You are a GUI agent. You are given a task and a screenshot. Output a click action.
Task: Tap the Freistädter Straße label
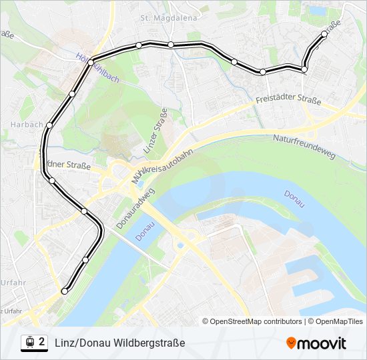[288, 102]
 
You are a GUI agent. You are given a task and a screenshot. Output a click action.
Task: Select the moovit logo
[316, 343]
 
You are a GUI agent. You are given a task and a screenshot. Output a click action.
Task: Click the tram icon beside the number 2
[29, 342]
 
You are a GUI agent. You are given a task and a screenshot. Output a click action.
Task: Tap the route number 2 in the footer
[42, 342]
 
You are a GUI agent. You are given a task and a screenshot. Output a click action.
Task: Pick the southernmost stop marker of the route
[65, 291]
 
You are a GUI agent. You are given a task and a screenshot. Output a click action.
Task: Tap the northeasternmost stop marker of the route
[324, 34]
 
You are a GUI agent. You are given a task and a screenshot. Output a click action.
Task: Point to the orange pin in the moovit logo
[292, 343]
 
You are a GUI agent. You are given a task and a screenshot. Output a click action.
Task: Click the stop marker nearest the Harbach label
[49, 125]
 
